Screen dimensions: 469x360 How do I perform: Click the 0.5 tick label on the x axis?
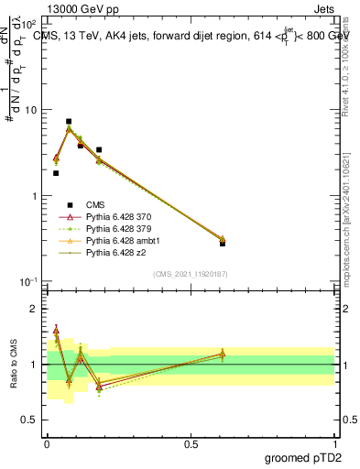click(x=191, y=442)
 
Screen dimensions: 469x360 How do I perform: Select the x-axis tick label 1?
click(x=334, y=442)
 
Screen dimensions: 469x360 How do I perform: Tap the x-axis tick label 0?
click(x=47, y=442)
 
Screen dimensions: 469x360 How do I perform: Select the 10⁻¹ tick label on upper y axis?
click(x=28, y=281)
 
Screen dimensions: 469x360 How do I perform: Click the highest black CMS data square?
click(x=69, y=121)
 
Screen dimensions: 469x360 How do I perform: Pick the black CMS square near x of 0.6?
click(x=223, y=244)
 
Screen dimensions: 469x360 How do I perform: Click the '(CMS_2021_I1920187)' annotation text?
click(x=190, y=274)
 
